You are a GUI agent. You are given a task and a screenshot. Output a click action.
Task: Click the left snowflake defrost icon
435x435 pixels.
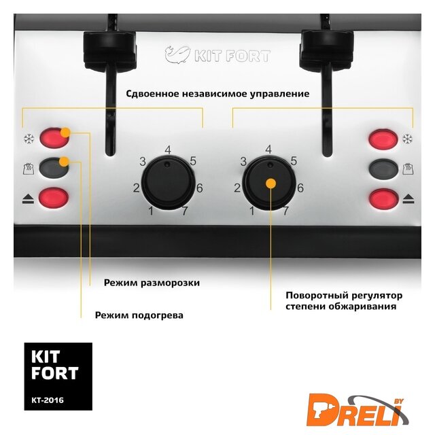(29, 139)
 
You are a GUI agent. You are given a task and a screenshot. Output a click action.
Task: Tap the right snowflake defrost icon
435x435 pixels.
(407, 139)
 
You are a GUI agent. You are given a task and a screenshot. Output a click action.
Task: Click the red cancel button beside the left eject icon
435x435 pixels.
(54, 198)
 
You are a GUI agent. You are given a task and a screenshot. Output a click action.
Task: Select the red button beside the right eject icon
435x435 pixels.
(383, 198)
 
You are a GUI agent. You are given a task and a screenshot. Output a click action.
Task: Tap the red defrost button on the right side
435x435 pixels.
(383, 139)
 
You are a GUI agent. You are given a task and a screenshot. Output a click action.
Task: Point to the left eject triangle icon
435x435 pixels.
(28, 199)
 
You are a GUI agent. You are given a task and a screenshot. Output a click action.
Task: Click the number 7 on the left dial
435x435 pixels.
(185, 211)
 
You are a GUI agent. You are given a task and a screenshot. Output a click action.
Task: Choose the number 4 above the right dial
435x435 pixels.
(268, 150)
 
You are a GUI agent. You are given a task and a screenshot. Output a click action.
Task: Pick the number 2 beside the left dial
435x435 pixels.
(136, 188)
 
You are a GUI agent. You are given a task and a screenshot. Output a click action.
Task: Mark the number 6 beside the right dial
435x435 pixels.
(300, 188)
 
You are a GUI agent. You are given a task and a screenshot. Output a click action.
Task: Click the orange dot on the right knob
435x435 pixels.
(271, 184)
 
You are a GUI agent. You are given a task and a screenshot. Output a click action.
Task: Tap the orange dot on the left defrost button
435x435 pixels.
(65, 132)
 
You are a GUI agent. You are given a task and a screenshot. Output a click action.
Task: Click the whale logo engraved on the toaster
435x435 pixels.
(177, 54)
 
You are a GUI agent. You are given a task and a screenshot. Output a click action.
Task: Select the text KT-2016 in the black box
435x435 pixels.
(48, 400)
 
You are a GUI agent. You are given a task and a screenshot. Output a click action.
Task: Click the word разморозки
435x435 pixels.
(170, 283)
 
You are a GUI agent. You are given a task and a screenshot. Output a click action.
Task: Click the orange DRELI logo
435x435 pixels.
(358, 410)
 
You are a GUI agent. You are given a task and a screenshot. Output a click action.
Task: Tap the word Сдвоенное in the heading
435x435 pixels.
(152, 94)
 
